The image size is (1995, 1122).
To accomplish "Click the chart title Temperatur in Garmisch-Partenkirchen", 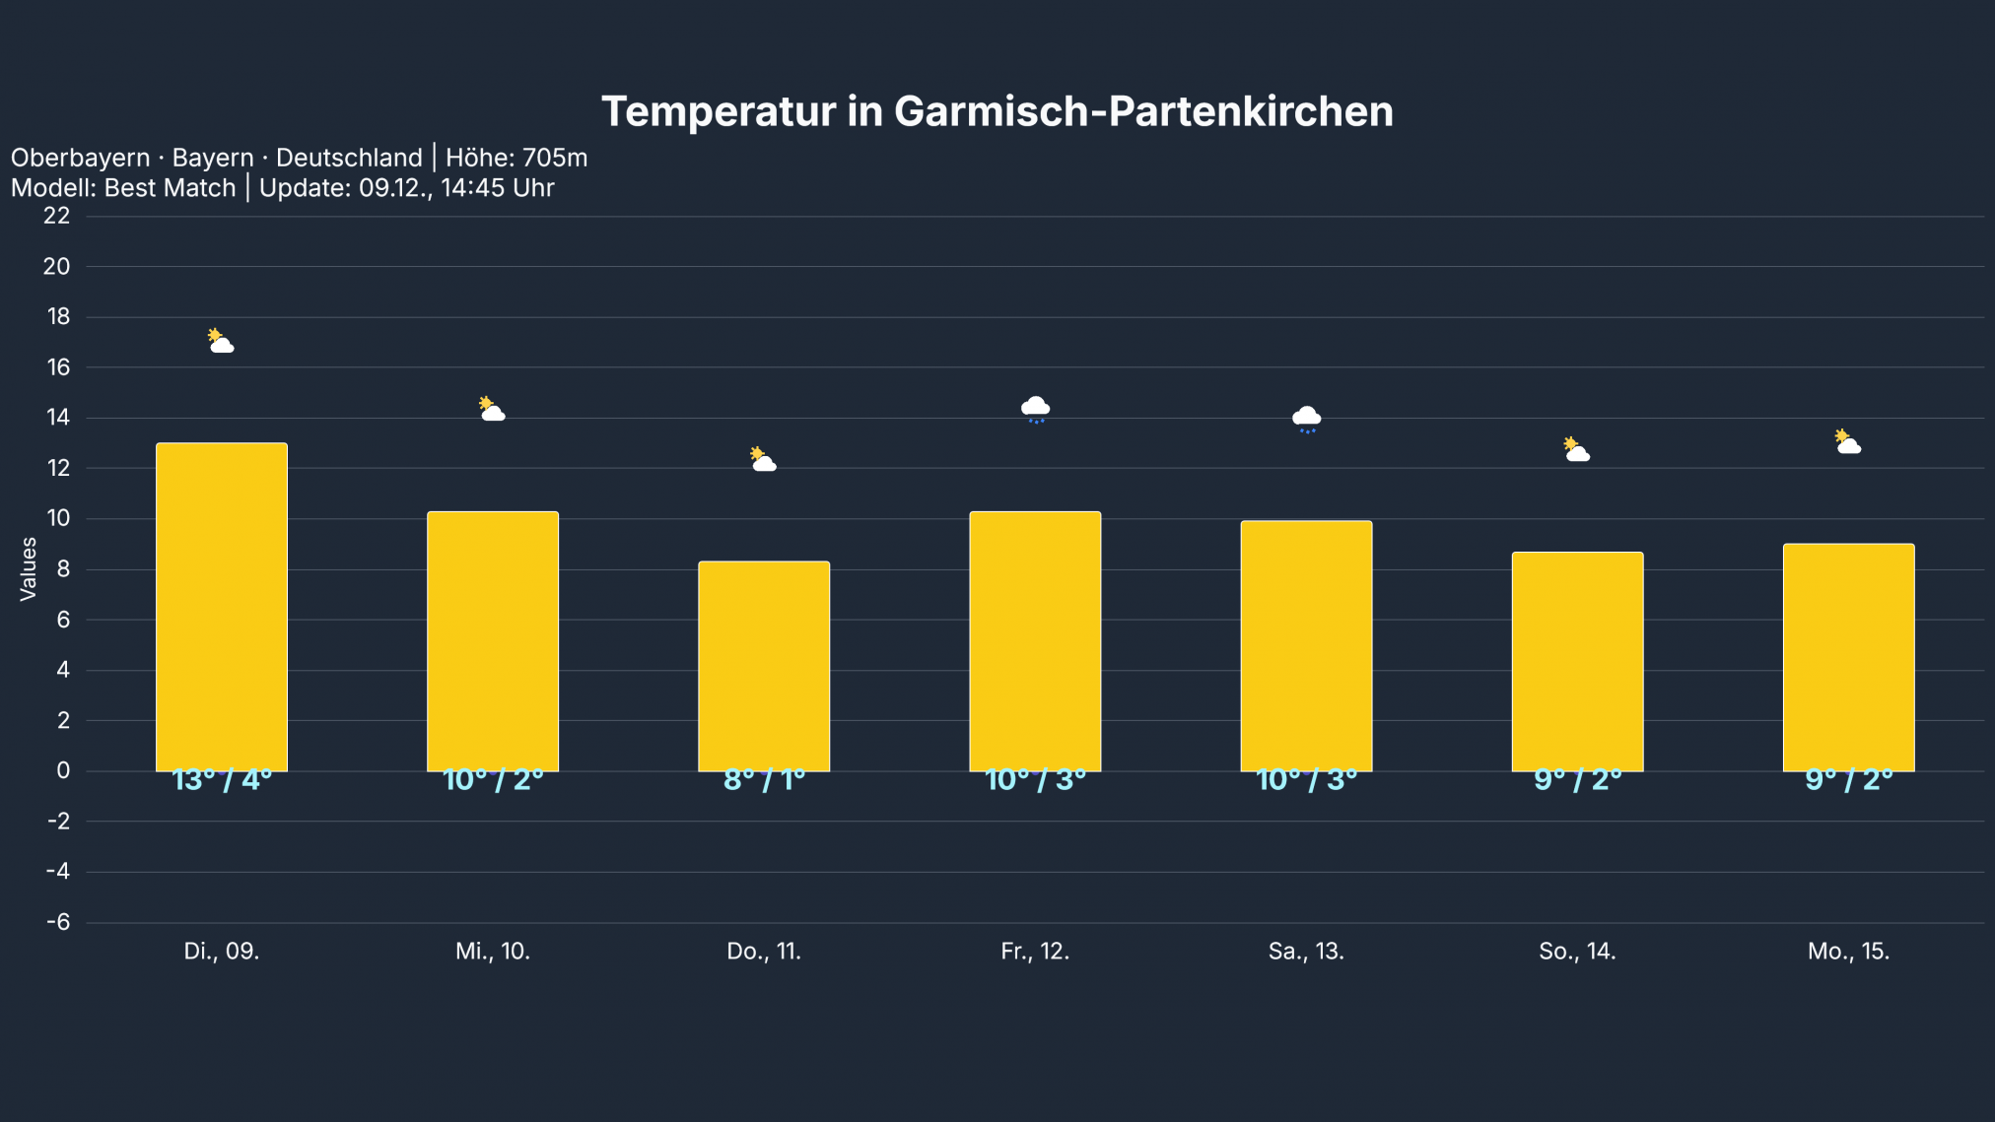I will click(997, 111).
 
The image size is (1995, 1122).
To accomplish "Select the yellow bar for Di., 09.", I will click(222, 606).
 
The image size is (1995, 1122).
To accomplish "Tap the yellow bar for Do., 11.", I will click(764, 665).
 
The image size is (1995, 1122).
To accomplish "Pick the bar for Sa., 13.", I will click(1306, 645).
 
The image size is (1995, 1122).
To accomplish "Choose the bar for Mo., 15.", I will click(1848, 657).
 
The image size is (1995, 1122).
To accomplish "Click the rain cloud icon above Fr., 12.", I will click(1035, 408).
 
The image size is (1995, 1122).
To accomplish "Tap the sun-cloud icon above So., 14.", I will click(1577, 450).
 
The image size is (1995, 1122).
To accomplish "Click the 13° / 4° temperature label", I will click(222, 780).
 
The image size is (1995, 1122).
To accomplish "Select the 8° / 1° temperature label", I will click(764, 780).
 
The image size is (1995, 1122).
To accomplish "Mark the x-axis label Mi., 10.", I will click(493, 952).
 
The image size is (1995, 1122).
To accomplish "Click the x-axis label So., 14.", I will click(1577, 952).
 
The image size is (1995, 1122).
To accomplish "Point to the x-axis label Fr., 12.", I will click(1035, 952).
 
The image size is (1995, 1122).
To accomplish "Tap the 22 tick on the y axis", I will click(57, 216).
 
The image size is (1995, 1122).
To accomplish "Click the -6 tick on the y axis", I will click(58, 922).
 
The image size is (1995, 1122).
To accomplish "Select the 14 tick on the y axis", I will click(58, 418).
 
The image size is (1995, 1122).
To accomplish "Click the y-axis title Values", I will click(29, 568).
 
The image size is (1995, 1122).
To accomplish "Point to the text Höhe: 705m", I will click(516, 158).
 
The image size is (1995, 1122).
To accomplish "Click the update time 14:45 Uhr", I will click(498, 188).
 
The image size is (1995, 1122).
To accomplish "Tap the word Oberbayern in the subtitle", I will click(80, 158).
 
